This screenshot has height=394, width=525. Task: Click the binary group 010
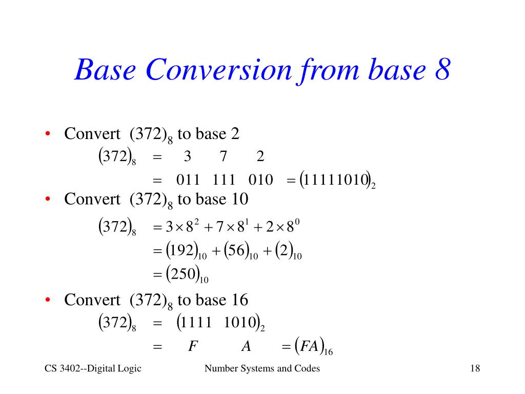[x=260, y=180]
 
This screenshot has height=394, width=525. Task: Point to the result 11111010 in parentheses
[x=335, y=180]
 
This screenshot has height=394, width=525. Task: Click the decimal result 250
[x=183, y=274]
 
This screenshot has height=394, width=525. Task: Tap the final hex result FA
[x=309, y=346]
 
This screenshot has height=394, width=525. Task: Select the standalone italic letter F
[x=192, y=346]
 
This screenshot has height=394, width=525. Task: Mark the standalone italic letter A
[x=246, y=346]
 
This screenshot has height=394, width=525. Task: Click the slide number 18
[x=474, y=368]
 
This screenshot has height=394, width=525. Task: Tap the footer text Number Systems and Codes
[x=262, y=368]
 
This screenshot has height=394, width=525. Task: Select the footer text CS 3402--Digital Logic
[x=93, y=368]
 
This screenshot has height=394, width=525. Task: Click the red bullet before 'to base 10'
[x=47, y=199]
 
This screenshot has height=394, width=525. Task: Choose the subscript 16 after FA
[x=329, y=352]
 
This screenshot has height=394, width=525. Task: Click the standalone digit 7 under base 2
[x=224, y=157]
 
